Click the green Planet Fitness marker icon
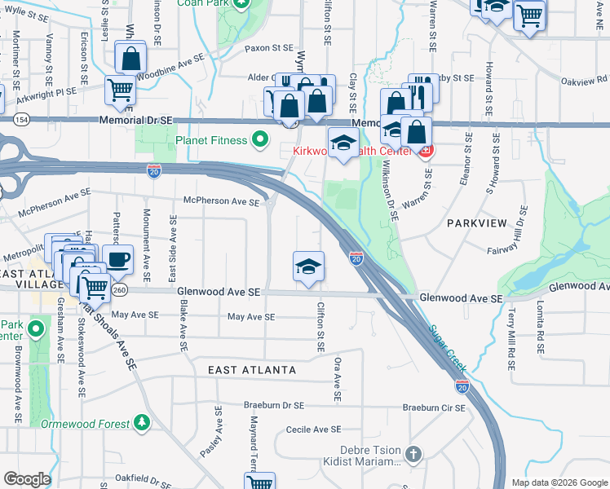(260, 141)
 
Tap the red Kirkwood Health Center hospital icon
(425, 150)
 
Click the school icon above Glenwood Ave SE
(309, 266)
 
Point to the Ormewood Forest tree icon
(143, 423)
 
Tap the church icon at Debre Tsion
(413, 454)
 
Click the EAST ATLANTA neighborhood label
(252, 370)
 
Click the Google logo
(27, 478)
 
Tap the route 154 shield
(20, 120)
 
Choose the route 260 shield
(120, 291)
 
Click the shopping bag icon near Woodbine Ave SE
(130, 58)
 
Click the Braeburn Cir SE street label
(433, 407)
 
